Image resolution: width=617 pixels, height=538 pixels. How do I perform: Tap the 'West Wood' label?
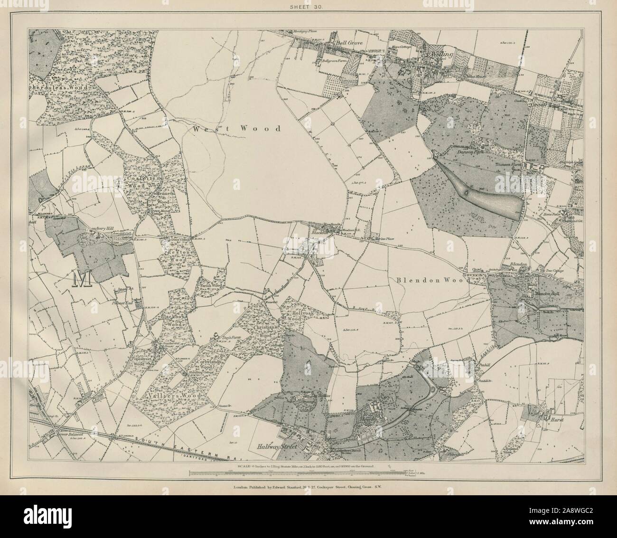[237, 128]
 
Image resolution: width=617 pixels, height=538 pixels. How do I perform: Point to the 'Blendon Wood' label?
[431, 281]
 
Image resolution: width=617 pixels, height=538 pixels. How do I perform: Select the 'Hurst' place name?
[548, 420]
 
